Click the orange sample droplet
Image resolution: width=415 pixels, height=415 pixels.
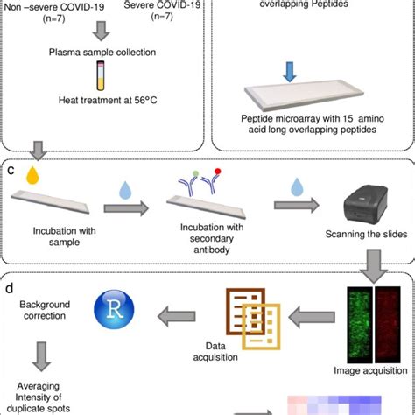[x=32, y=174]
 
